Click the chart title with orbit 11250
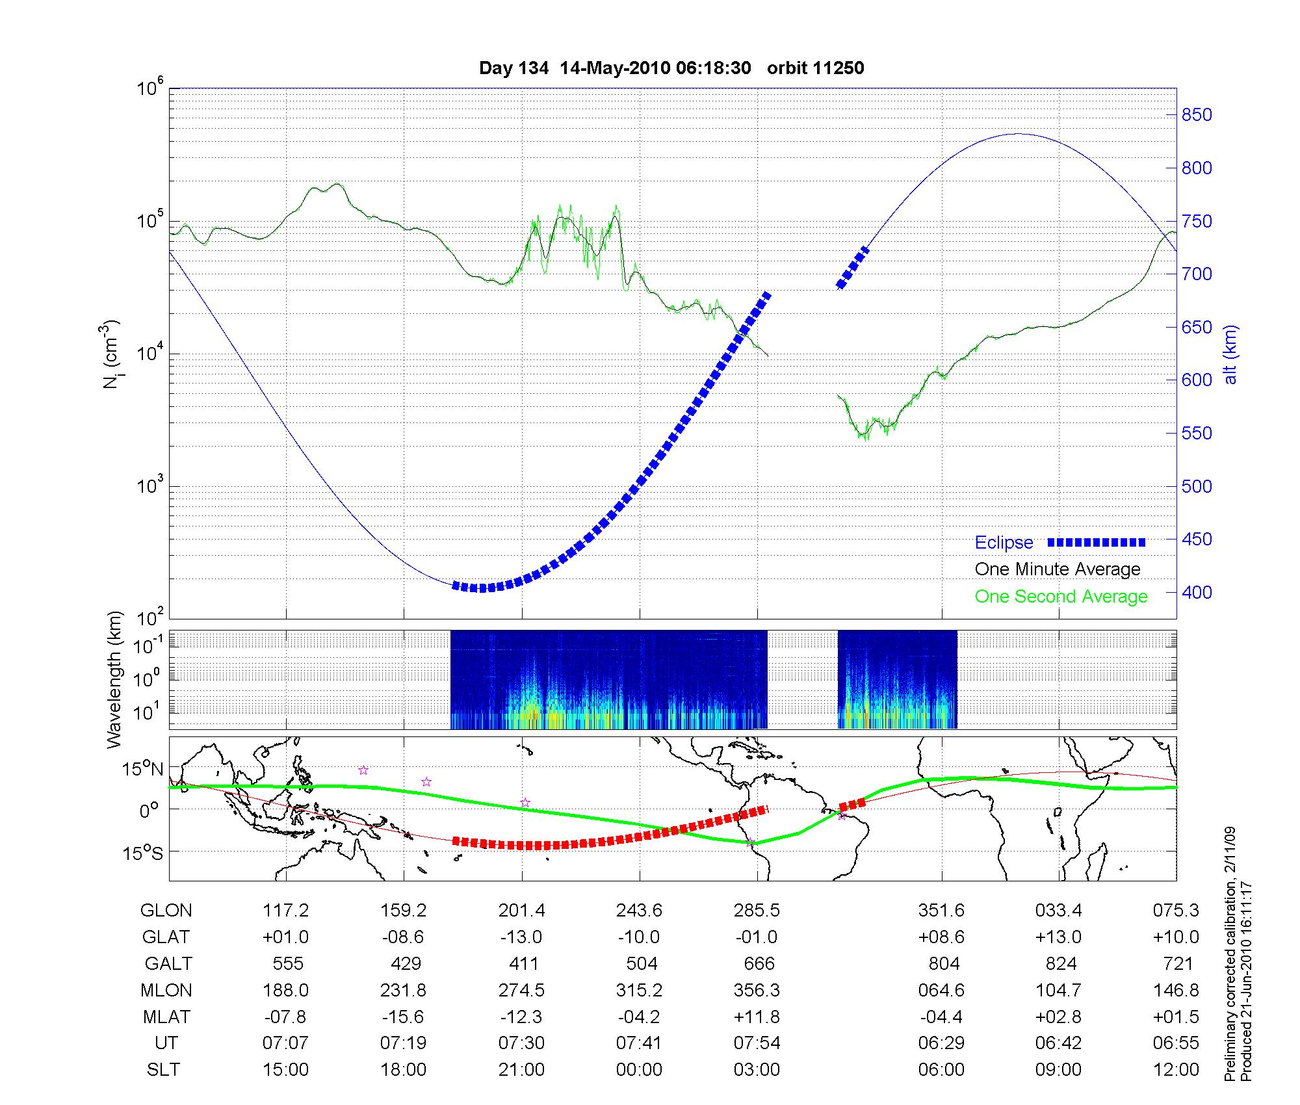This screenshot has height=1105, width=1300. click(671, 68)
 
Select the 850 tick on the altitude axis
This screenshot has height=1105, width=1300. click(1197, 115)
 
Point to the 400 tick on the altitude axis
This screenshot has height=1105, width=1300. click(1197, 593)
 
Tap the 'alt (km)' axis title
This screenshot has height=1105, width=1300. click(1230, 354)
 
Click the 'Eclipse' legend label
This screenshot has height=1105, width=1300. click(1004, 543)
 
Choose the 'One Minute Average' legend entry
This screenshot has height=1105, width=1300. click(1058, 569)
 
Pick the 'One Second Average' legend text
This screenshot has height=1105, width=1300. click(1061, 597)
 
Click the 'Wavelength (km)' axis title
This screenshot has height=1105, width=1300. click(114, 680)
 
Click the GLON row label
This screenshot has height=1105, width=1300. click(166, 911)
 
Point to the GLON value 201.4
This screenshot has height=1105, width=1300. click(522, 911)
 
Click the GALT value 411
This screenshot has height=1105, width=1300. click(523, 963)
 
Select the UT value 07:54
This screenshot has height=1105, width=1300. click(757, 1043)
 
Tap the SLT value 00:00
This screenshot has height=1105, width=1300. click(639, 1070)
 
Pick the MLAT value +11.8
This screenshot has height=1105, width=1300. click(757, 1017)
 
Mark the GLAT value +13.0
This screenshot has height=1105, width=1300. click(1059, 937)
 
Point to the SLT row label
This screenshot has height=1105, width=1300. click(163, 1070)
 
